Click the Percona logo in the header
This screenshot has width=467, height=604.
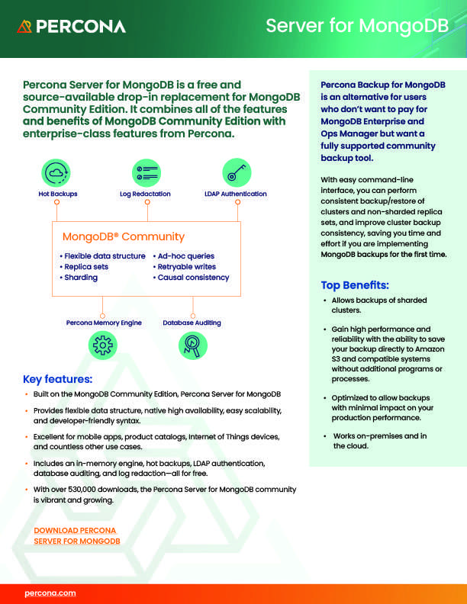click(71, 27)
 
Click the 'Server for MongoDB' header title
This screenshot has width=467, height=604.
click(358, 27)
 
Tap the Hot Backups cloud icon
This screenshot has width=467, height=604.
click(57, 173)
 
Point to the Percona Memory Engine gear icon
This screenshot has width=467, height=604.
click(103, 345)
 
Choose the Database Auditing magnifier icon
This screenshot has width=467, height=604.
click(192, 345)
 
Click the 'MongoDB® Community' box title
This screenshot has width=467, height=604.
click(123, 236)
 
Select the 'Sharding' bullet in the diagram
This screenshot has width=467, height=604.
click(80, 278)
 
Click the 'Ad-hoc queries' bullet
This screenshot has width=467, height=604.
click(185, 256)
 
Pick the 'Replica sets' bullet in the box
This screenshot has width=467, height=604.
click(85, 267)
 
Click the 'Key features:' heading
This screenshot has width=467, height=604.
click(58, 379)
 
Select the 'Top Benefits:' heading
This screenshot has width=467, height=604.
click(355, 285)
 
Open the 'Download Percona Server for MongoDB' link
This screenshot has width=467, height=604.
click(77, 535)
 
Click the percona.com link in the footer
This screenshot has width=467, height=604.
click(50, 592)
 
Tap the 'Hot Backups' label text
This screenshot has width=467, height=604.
click(58, 194)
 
